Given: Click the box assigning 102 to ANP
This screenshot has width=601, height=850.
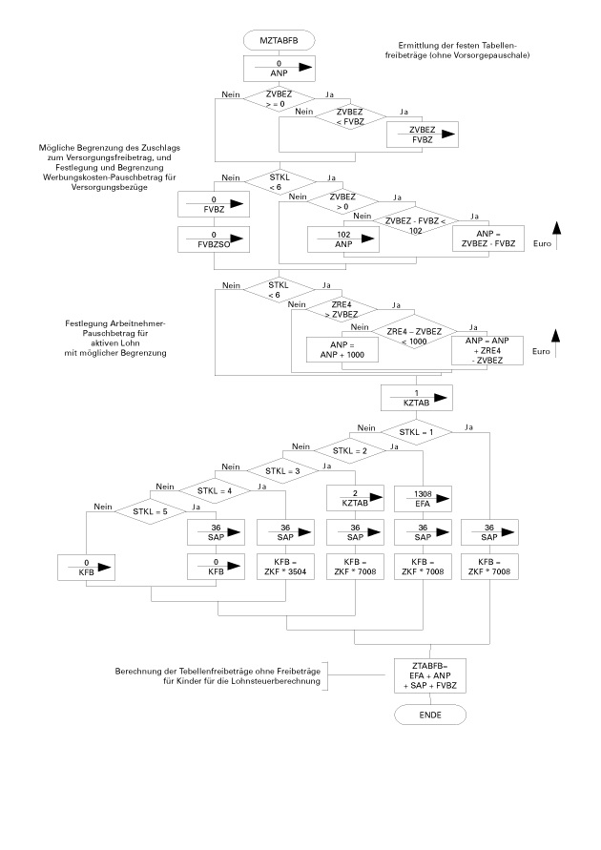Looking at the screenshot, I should (342, 238).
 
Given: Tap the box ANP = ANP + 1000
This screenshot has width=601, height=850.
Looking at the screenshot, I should (342, 349).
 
